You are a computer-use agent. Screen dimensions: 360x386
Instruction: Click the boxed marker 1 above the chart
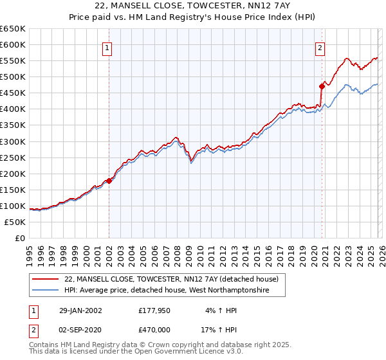(x=108, y=47)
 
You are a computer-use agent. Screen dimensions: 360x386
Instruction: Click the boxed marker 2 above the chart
(x=320, y=47)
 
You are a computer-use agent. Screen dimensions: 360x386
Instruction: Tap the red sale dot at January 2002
(x=109, y=181)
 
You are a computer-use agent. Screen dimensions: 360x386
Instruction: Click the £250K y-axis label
(x=13, y=157)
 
